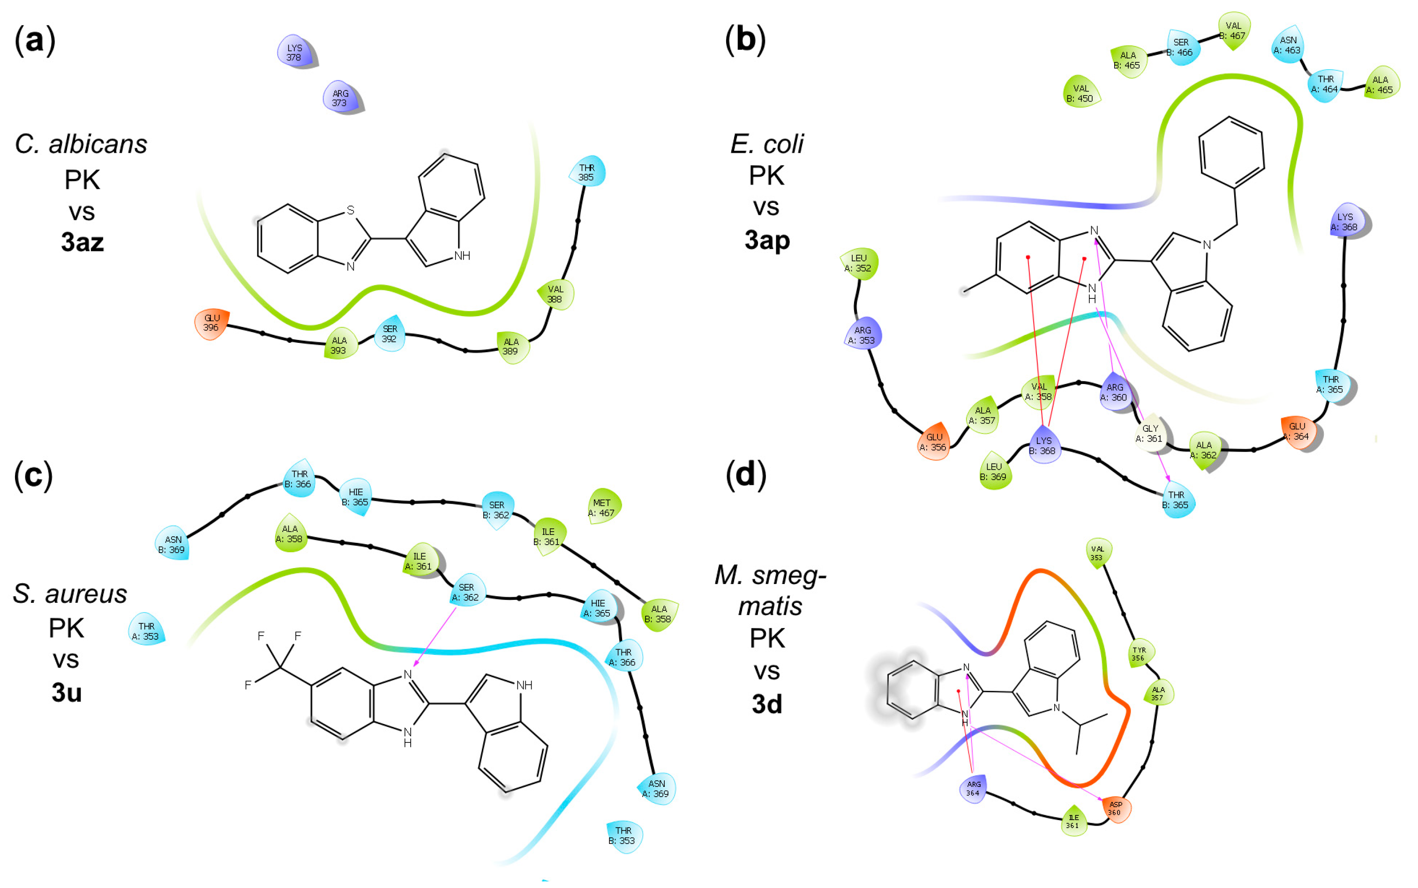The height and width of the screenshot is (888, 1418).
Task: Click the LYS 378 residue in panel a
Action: (294, 52)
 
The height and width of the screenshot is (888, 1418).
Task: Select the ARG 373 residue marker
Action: (340, 97)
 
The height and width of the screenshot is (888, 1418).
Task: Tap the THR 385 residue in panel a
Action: (586, 172)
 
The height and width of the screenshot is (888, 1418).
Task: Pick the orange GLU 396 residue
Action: (211, 323)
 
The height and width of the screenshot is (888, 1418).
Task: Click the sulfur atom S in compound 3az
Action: (351, 210)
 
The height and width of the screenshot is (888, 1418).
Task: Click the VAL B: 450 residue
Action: (1080, 93)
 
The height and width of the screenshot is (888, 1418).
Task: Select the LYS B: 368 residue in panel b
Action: (1044, 445)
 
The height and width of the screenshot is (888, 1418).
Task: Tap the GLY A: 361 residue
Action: (1150, 433)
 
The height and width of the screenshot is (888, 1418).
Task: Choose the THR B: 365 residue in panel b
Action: (1177, 500)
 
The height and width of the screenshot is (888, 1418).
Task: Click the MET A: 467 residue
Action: (602, 507)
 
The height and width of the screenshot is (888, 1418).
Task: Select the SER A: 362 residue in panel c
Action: (466, 592)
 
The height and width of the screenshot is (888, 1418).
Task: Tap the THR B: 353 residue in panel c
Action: (624, 835)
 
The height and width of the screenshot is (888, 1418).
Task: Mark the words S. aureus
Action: (70, 594)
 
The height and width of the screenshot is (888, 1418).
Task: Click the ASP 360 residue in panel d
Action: (1115, 809)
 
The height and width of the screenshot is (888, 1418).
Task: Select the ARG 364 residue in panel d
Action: (974, 788)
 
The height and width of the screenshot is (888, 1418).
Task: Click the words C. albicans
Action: (81, 144)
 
